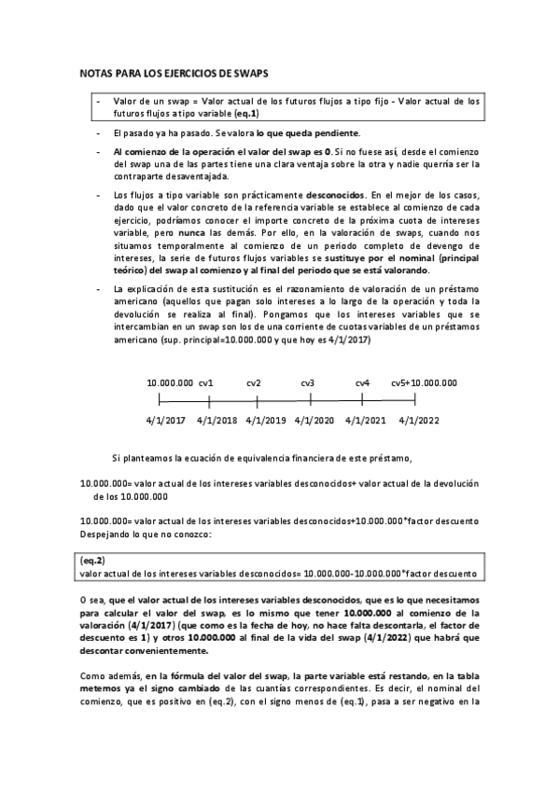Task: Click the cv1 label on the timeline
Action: click(206, 382)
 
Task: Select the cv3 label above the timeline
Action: click(307, 382)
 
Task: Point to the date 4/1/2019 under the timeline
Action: click(266, 420)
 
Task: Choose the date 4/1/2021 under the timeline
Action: click(365, 420)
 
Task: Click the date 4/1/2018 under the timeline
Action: click(217, 420)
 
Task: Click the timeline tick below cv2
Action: click(259, 401)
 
